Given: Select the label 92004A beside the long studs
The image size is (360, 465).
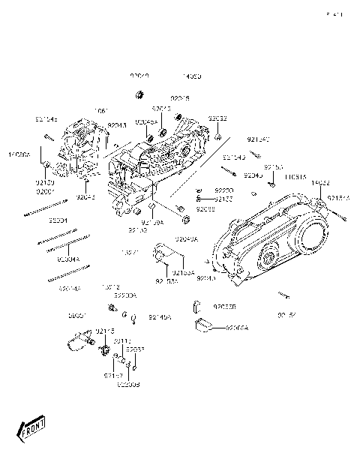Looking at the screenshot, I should point(68,259).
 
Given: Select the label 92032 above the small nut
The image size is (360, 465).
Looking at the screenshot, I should point(218,118).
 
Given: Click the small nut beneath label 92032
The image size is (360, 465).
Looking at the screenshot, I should point(216,137).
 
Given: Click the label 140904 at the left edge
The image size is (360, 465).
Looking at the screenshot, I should point(19,154).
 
